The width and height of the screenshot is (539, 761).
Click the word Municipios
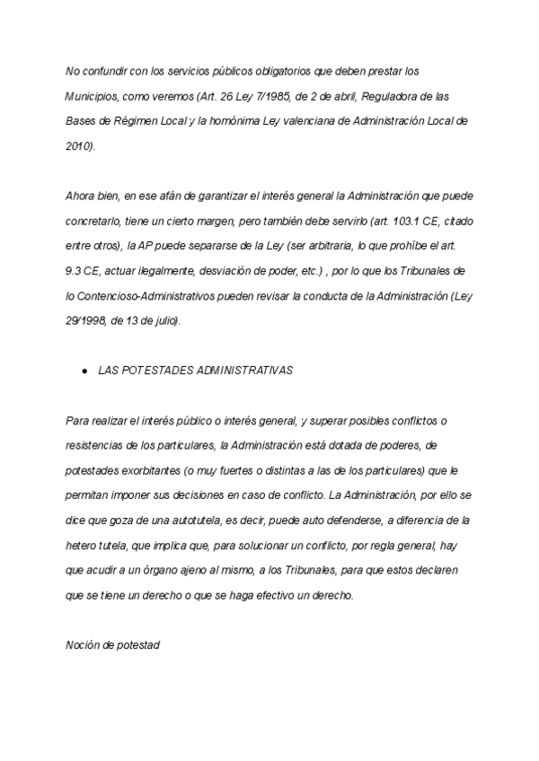tap(93, 95)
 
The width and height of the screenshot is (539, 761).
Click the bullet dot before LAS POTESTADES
tap(84, 371)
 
